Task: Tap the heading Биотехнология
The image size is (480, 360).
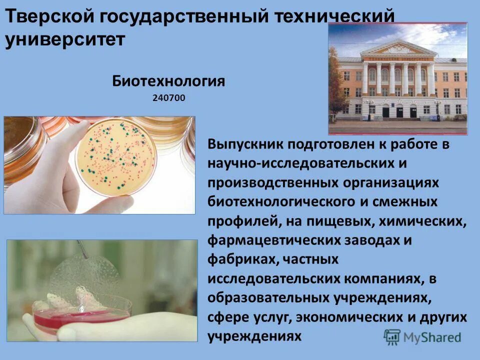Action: (168, 81)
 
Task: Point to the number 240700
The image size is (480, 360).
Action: (168, 98)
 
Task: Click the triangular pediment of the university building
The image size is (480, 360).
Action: (398, 48)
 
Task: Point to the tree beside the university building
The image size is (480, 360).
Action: (337, 85)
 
